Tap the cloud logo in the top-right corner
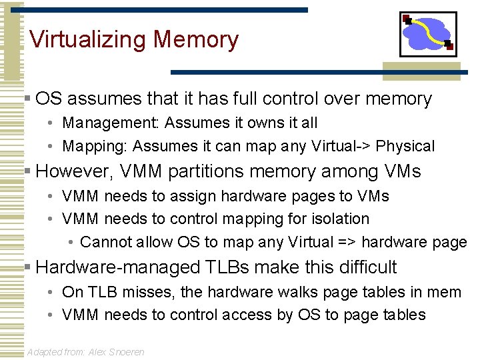pyautogui.click(x=427, y=34)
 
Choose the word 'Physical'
pyautogui.click(x=405, y=146)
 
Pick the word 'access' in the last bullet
pyautogui.click(x=265, y=315)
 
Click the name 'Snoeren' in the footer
pyautogui.click(x=125, y=352)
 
